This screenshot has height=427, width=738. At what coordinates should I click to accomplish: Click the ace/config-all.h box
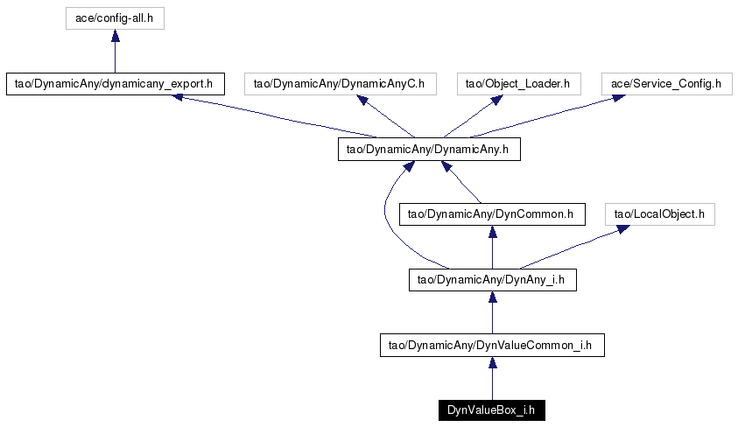point(115,18)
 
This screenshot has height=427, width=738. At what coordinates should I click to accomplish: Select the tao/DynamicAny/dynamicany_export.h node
point(116,84)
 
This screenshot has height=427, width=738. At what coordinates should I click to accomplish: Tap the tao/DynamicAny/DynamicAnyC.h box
point(341,84)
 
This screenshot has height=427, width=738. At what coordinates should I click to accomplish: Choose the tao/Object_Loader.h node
point(518,84)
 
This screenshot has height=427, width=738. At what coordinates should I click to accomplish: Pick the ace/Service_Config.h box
point(667,84)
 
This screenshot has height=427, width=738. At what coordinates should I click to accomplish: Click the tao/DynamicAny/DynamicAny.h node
point(429,149)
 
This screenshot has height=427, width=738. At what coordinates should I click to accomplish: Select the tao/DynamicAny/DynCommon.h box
point(492,214)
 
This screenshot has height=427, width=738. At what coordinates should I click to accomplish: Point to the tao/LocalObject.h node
point(660,214)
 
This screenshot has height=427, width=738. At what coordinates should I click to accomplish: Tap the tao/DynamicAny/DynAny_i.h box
point(493,280)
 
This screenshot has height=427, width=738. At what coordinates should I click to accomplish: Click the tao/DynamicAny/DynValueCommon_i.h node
point(492,345)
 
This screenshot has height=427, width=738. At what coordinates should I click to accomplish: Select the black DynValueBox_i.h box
point(492,410)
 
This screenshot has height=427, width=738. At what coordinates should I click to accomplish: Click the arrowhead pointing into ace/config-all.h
point(116,35)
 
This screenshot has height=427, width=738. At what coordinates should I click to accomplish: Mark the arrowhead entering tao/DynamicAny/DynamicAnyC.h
point(362,100)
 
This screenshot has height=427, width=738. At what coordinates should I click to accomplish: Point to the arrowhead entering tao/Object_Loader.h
point(497,100)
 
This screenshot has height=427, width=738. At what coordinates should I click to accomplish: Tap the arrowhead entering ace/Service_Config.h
point(618,98)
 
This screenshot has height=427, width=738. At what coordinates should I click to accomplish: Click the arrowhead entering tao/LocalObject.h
point(623,229)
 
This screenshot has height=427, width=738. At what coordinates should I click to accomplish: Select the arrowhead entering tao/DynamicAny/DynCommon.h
point(493,231)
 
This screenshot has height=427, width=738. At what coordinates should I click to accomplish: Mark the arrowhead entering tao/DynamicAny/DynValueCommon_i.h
point(493,362)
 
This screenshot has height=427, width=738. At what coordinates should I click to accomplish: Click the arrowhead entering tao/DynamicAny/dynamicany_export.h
point(177,97)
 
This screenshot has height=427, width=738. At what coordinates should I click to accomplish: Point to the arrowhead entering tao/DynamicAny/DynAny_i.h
point(493,297)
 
